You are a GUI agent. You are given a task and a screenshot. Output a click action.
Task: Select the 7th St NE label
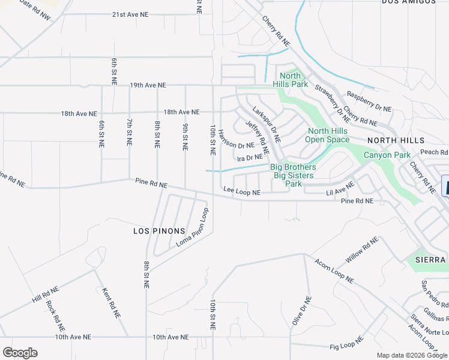(x=129, y=132)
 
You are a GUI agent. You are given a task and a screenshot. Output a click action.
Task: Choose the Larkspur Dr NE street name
(x=267, y=124)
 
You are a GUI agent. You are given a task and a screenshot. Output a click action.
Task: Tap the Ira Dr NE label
(x=250, y=157)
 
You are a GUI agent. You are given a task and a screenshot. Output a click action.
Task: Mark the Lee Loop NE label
(x=242, y=192)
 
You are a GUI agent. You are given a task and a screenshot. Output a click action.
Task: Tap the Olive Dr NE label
(x=301, y=311)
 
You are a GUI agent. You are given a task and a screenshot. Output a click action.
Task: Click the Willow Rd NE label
(x=362, y=251)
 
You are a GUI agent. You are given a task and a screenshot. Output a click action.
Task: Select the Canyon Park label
(x=388, y=155)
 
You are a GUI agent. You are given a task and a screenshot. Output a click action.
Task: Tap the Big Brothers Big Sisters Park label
(x=293, y=175)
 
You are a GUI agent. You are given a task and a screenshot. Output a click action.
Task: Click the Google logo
(x=20, y=353)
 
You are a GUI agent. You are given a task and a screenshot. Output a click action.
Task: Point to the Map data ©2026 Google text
(x=411, y=355)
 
